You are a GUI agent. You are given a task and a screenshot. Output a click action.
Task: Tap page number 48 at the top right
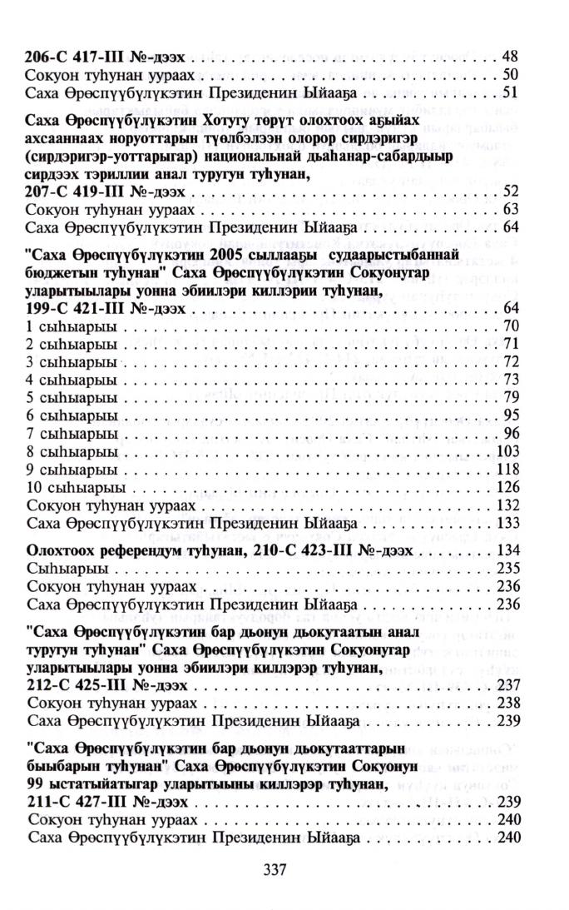(511, 57)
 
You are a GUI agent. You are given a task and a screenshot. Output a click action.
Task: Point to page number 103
(507, 450)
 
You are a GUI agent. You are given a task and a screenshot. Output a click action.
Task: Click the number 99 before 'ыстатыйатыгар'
(37, 784)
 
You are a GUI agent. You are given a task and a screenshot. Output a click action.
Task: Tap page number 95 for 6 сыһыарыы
(511, 415)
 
